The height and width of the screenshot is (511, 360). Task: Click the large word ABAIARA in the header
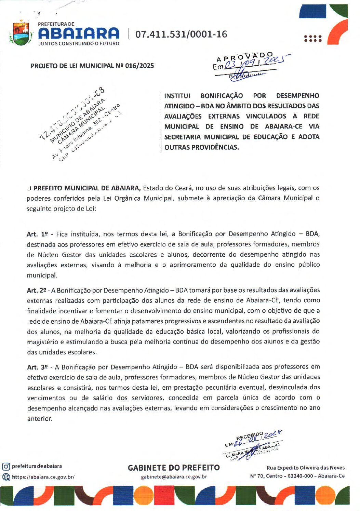pos(79,33)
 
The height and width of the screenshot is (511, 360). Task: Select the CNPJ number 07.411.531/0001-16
pos(181,34)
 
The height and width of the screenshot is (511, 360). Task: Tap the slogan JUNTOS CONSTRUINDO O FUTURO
pos(79,43)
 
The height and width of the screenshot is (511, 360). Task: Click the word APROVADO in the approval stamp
pos(245,57)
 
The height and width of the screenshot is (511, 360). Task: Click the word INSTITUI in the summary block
pos(177,96)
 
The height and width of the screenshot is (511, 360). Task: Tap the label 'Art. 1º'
pos(37,234)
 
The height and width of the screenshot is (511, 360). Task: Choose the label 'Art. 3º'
pos(37,367)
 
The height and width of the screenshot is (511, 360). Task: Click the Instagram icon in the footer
pos(6,466)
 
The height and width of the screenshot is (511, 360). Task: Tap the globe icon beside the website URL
pos(6,477)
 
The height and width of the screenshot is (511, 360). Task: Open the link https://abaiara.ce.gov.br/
pos(43,477)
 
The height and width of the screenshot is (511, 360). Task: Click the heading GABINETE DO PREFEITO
pos(174,468)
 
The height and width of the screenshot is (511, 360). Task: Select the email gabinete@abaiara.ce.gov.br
pos(174,477)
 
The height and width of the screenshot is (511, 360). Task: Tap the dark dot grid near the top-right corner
pos(313,38)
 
